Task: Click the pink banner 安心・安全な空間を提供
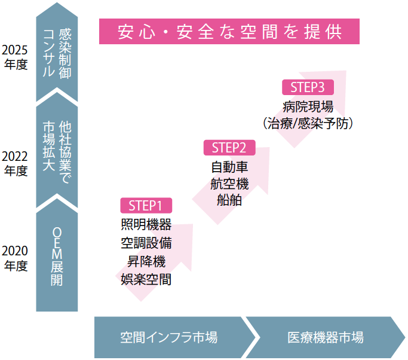(x=229, y=31)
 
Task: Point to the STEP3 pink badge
(x=308, y=87)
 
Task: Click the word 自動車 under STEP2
(x=229, y=167)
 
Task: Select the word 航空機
(x=229, y=184)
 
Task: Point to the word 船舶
(x=229, y=200)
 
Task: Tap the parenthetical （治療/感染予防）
(x=308, y=124)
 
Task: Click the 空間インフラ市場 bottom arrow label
(x=168, y=337)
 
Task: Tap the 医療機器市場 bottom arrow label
(x=325, y=337)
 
